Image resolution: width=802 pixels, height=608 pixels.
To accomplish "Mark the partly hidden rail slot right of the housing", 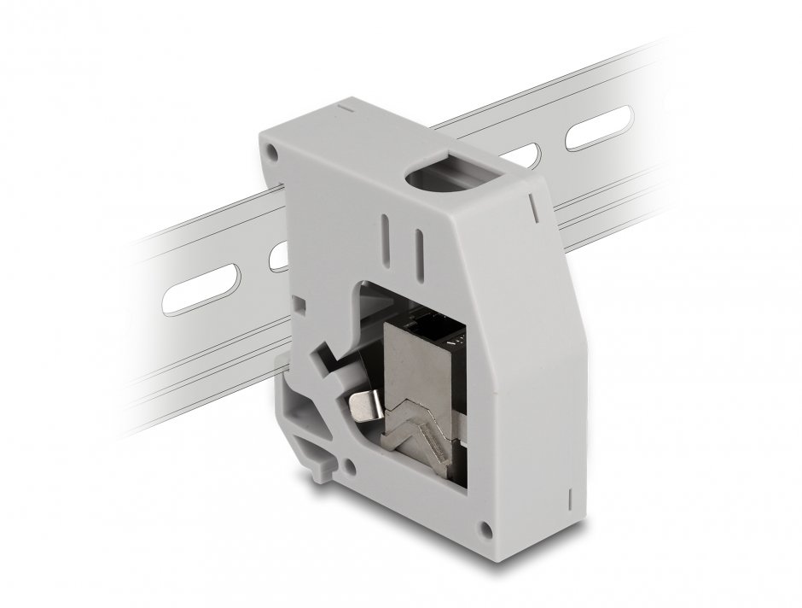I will (530, 156).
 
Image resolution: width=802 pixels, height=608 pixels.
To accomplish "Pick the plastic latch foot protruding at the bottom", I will (321, 463).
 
